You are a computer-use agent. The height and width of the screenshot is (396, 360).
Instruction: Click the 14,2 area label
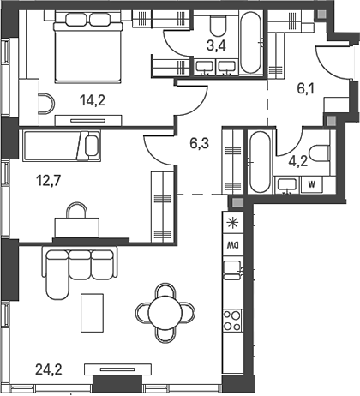pos(93,100)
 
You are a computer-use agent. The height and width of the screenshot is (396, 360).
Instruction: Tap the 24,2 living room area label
pos(49,369)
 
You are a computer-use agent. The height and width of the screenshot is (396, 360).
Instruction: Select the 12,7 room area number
pos(49,181)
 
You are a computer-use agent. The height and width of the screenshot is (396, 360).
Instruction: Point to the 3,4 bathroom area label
pos(216,45)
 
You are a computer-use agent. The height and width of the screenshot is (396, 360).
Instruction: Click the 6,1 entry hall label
pos(305,89)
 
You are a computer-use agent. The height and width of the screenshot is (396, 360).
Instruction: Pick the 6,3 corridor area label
pos(199,143)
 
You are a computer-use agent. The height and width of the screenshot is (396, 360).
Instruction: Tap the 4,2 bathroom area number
pos(297,162)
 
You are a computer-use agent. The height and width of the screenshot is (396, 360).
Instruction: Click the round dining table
pos(165,313)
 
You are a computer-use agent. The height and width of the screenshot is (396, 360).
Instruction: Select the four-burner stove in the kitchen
pos(232,321)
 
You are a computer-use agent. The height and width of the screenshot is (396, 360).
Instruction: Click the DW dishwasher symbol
pos(233,245)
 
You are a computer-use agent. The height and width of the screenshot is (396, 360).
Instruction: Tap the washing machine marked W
pos(311,184)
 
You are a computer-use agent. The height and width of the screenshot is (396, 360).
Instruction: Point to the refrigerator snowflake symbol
pos(232,223)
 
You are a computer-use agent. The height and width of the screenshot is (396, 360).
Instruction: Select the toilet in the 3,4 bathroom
pos(218,25)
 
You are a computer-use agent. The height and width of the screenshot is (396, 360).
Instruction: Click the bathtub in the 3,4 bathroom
pos(250,43)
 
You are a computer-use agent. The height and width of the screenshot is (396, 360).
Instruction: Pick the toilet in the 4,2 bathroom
pos(321,153)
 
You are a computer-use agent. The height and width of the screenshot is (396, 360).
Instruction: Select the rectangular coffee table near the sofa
pos(92,313)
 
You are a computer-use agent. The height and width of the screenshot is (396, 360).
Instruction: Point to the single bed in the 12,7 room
pos(62,146)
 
